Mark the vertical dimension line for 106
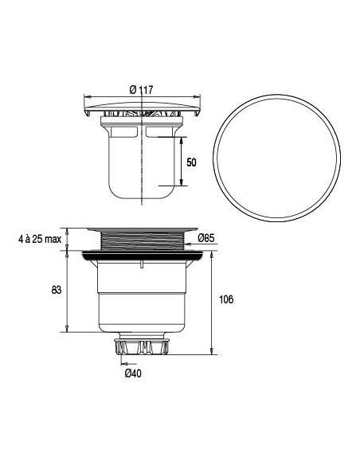pos(211,303)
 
